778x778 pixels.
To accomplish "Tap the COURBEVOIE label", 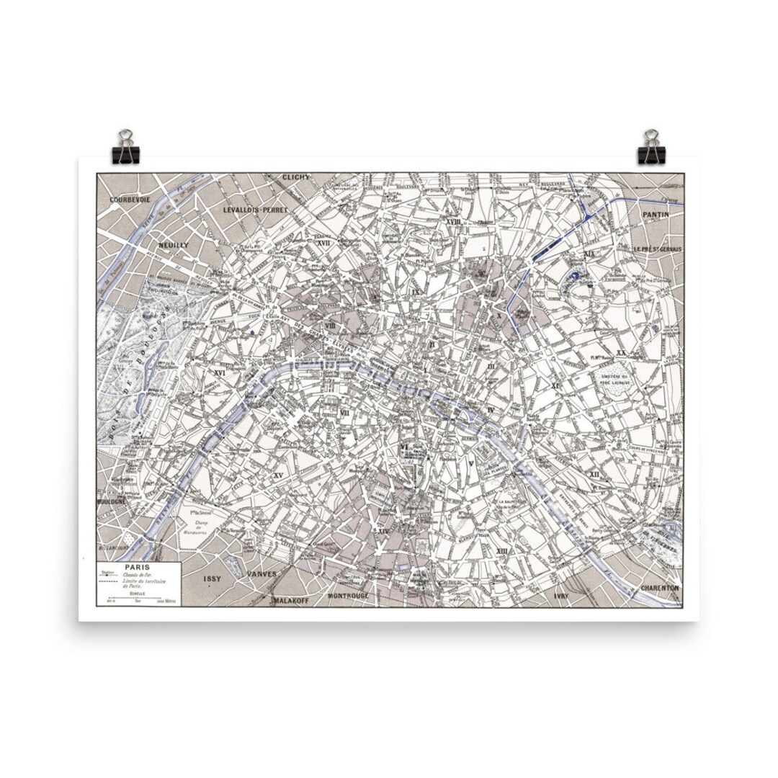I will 130,199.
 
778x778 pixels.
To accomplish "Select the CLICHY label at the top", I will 296,177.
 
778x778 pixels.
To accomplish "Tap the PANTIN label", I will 657,214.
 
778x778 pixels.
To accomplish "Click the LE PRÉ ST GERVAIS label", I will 657,249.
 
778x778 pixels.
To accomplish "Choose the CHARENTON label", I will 659,587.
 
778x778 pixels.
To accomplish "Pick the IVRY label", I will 562,596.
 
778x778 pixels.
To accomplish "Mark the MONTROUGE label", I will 348,596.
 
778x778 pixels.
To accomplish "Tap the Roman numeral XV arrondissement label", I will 278,475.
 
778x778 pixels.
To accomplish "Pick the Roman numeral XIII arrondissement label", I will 502,550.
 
